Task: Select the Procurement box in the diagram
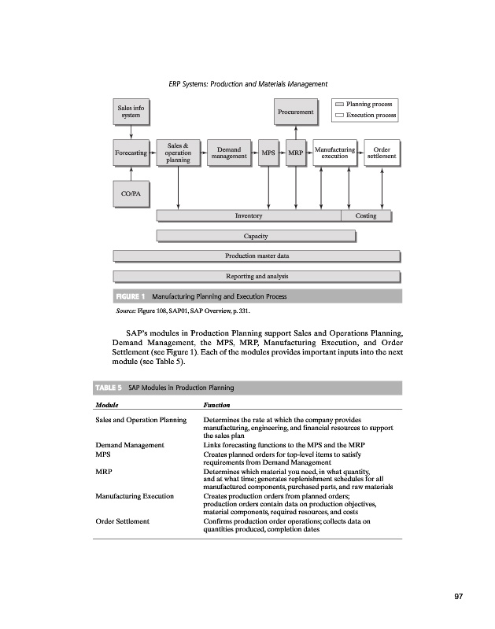(295, 112)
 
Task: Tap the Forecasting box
(131, 154)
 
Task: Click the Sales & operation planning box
(178, 153)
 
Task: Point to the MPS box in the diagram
(268, 154)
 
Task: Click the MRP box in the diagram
(295, 154)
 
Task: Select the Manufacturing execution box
(334, 153)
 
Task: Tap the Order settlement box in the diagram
(382, 153)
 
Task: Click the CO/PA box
(131, 193)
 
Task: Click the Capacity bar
(256, 235)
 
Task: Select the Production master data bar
(257, 256)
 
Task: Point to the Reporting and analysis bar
(257, 276)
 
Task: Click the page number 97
(459, 598)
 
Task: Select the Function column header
(216, 405)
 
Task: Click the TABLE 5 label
(109, 388)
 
